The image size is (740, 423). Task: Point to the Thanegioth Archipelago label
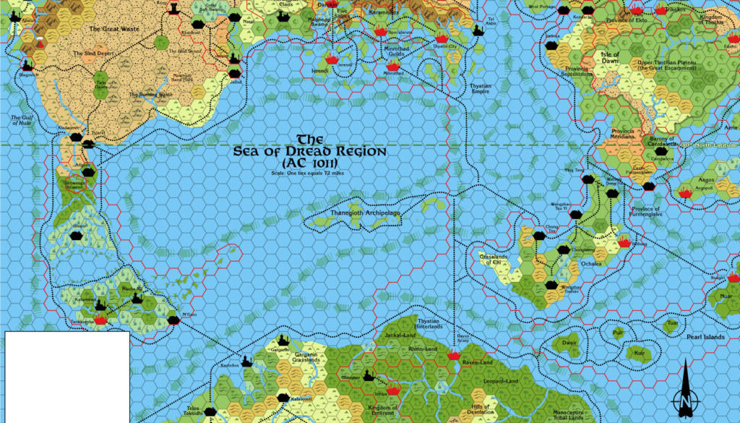(365, 214)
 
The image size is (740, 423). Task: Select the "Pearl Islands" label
(705, 337)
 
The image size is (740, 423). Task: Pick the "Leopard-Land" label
(501, 381)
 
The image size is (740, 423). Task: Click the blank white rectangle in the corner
(66, 377)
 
